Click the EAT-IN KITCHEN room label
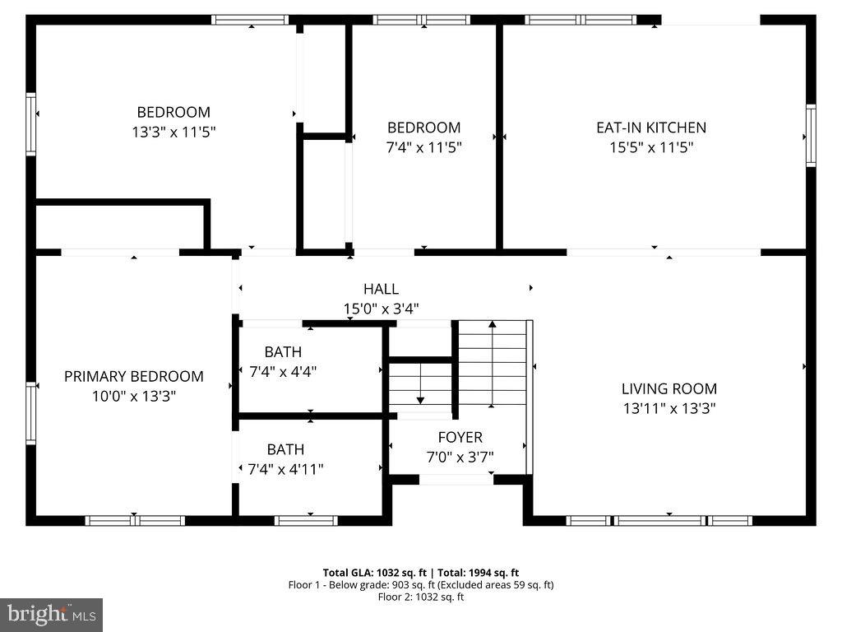coord(650,128)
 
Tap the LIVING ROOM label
coord(669,388)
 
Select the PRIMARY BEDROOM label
coord(134,376)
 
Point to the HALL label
coord(381,289)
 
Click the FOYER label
coord(460,437)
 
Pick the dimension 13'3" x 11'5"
coord(173,132)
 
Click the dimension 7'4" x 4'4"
coord(283,371)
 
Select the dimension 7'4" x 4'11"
coord(285,469)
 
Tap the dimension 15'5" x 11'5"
coord(650,148)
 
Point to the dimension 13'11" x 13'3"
coord(669,408)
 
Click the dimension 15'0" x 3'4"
coord(381,309)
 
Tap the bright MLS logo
coord(51,614)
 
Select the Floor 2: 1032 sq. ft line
coord(420,597)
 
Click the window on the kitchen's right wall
coord(811,136)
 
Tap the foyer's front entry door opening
coord(456,479)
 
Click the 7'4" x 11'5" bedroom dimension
coord(423,148)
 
